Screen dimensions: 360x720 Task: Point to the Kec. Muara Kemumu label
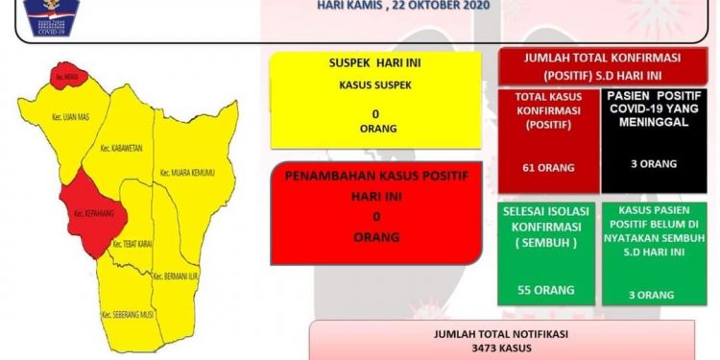tap(186, 173)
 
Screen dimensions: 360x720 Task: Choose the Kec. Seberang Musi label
tap(126, 313)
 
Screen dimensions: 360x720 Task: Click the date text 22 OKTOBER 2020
tap(443, 5)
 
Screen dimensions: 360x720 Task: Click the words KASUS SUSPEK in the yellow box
tap(374, 84)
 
